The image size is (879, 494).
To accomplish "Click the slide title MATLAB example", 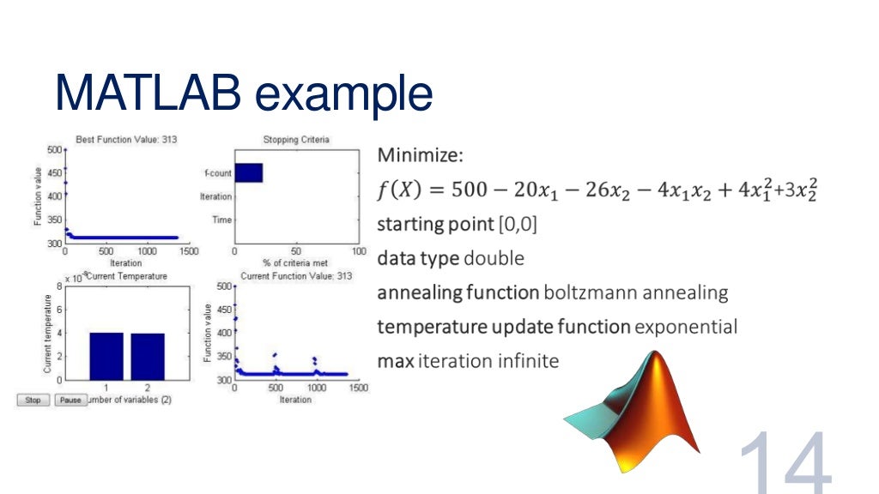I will [x=243, y=93].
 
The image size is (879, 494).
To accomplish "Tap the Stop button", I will [x=33, y=400].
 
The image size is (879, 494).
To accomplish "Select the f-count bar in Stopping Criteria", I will [x=248, y=172].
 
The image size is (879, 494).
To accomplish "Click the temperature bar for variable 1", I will [x=106, y=356].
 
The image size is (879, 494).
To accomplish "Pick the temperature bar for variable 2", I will [x=148, y=356].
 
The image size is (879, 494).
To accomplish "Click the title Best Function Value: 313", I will [x=127, y=139].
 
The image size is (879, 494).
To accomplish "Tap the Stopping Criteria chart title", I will [x=295, y=139].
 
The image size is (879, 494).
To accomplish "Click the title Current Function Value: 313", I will [x=296, y=275].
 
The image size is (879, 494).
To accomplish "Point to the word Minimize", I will [x=420, y=156].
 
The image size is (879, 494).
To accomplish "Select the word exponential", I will [x=686, y=327].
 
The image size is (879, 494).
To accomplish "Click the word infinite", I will [x=528, y=361].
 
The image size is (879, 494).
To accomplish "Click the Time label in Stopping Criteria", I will [x=221, y=220].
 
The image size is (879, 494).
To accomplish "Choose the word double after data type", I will [x=494, y=258].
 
